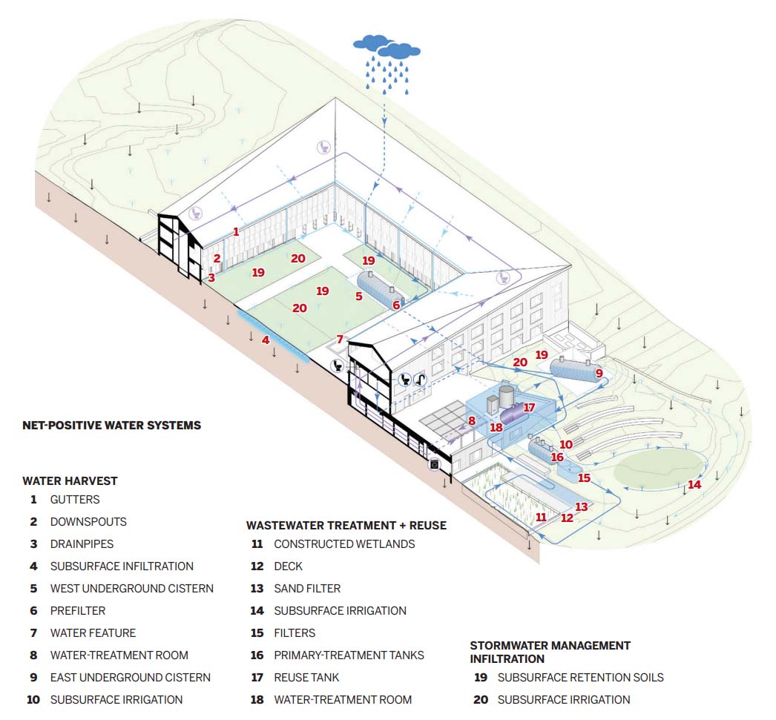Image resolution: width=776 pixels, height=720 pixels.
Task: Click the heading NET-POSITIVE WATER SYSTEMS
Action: pyautogui.click(x=112, y=426)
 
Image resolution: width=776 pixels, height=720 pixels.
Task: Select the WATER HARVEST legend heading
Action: pyautogui.click(x=70, y=480)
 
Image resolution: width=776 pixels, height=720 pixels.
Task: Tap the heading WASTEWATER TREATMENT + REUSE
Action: pyautogui.click(x=346, y=525)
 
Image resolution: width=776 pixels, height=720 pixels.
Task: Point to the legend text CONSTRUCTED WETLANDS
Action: pyautogui.click(x=344, y=544)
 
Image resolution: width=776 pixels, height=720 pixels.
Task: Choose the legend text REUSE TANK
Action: pyautogui.click(x=307, y=678)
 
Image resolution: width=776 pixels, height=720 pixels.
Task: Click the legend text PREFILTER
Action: pyautogui.click(x=78, y=611)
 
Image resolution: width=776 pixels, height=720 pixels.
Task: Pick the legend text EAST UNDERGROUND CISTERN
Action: pyautogui.click(x=130, y=678)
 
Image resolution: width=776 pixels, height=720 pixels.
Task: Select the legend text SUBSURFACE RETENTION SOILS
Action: pyautogui.click(x=580, y=678)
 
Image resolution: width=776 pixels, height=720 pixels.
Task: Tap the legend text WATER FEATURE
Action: pyautogui.click(x=93, y=633)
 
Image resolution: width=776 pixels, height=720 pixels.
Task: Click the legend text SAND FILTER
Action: pyautogui.click(x=307, y=589)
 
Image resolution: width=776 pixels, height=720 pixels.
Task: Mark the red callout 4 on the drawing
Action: pyautogui.click(x=266, y=340)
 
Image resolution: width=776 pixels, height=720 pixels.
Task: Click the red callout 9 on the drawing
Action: pyautogui.click(x=599, y=373)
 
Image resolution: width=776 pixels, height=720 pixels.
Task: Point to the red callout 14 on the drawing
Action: pyautogui.click(x=694, y=485)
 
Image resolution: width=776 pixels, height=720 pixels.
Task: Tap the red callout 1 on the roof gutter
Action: pyautogui.click(x=236, y=231)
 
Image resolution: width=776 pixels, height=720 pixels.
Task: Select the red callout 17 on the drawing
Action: pyautogui.click(x=529, y=408)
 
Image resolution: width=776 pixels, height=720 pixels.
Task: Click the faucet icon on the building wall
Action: pyautogui.click(x=420, y=380)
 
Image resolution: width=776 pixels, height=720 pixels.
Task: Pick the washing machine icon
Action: pyautogui.click(x=434, y=464)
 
